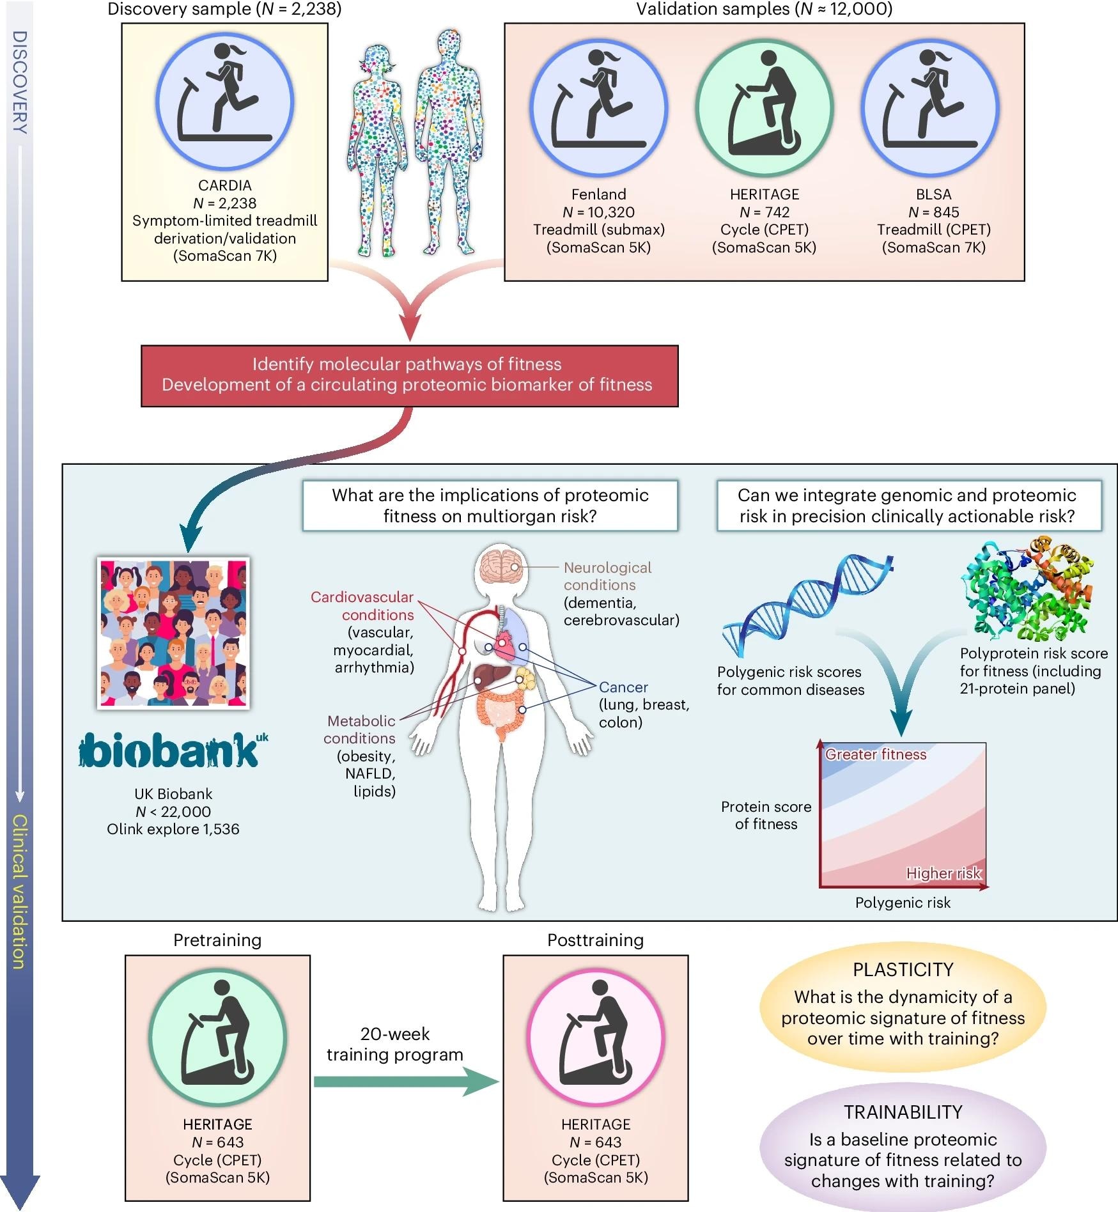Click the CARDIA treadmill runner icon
224,102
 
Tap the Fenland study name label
598,194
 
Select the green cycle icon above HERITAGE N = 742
764,108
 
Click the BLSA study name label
933,194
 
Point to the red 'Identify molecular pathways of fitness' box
409,375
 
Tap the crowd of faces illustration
173,633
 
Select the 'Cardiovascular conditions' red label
362,605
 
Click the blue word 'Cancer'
623,687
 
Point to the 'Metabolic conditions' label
360,729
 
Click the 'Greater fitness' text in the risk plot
875,754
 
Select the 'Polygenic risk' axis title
902,903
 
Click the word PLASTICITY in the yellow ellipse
903,970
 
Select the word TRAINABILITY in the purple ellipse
903,1112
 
